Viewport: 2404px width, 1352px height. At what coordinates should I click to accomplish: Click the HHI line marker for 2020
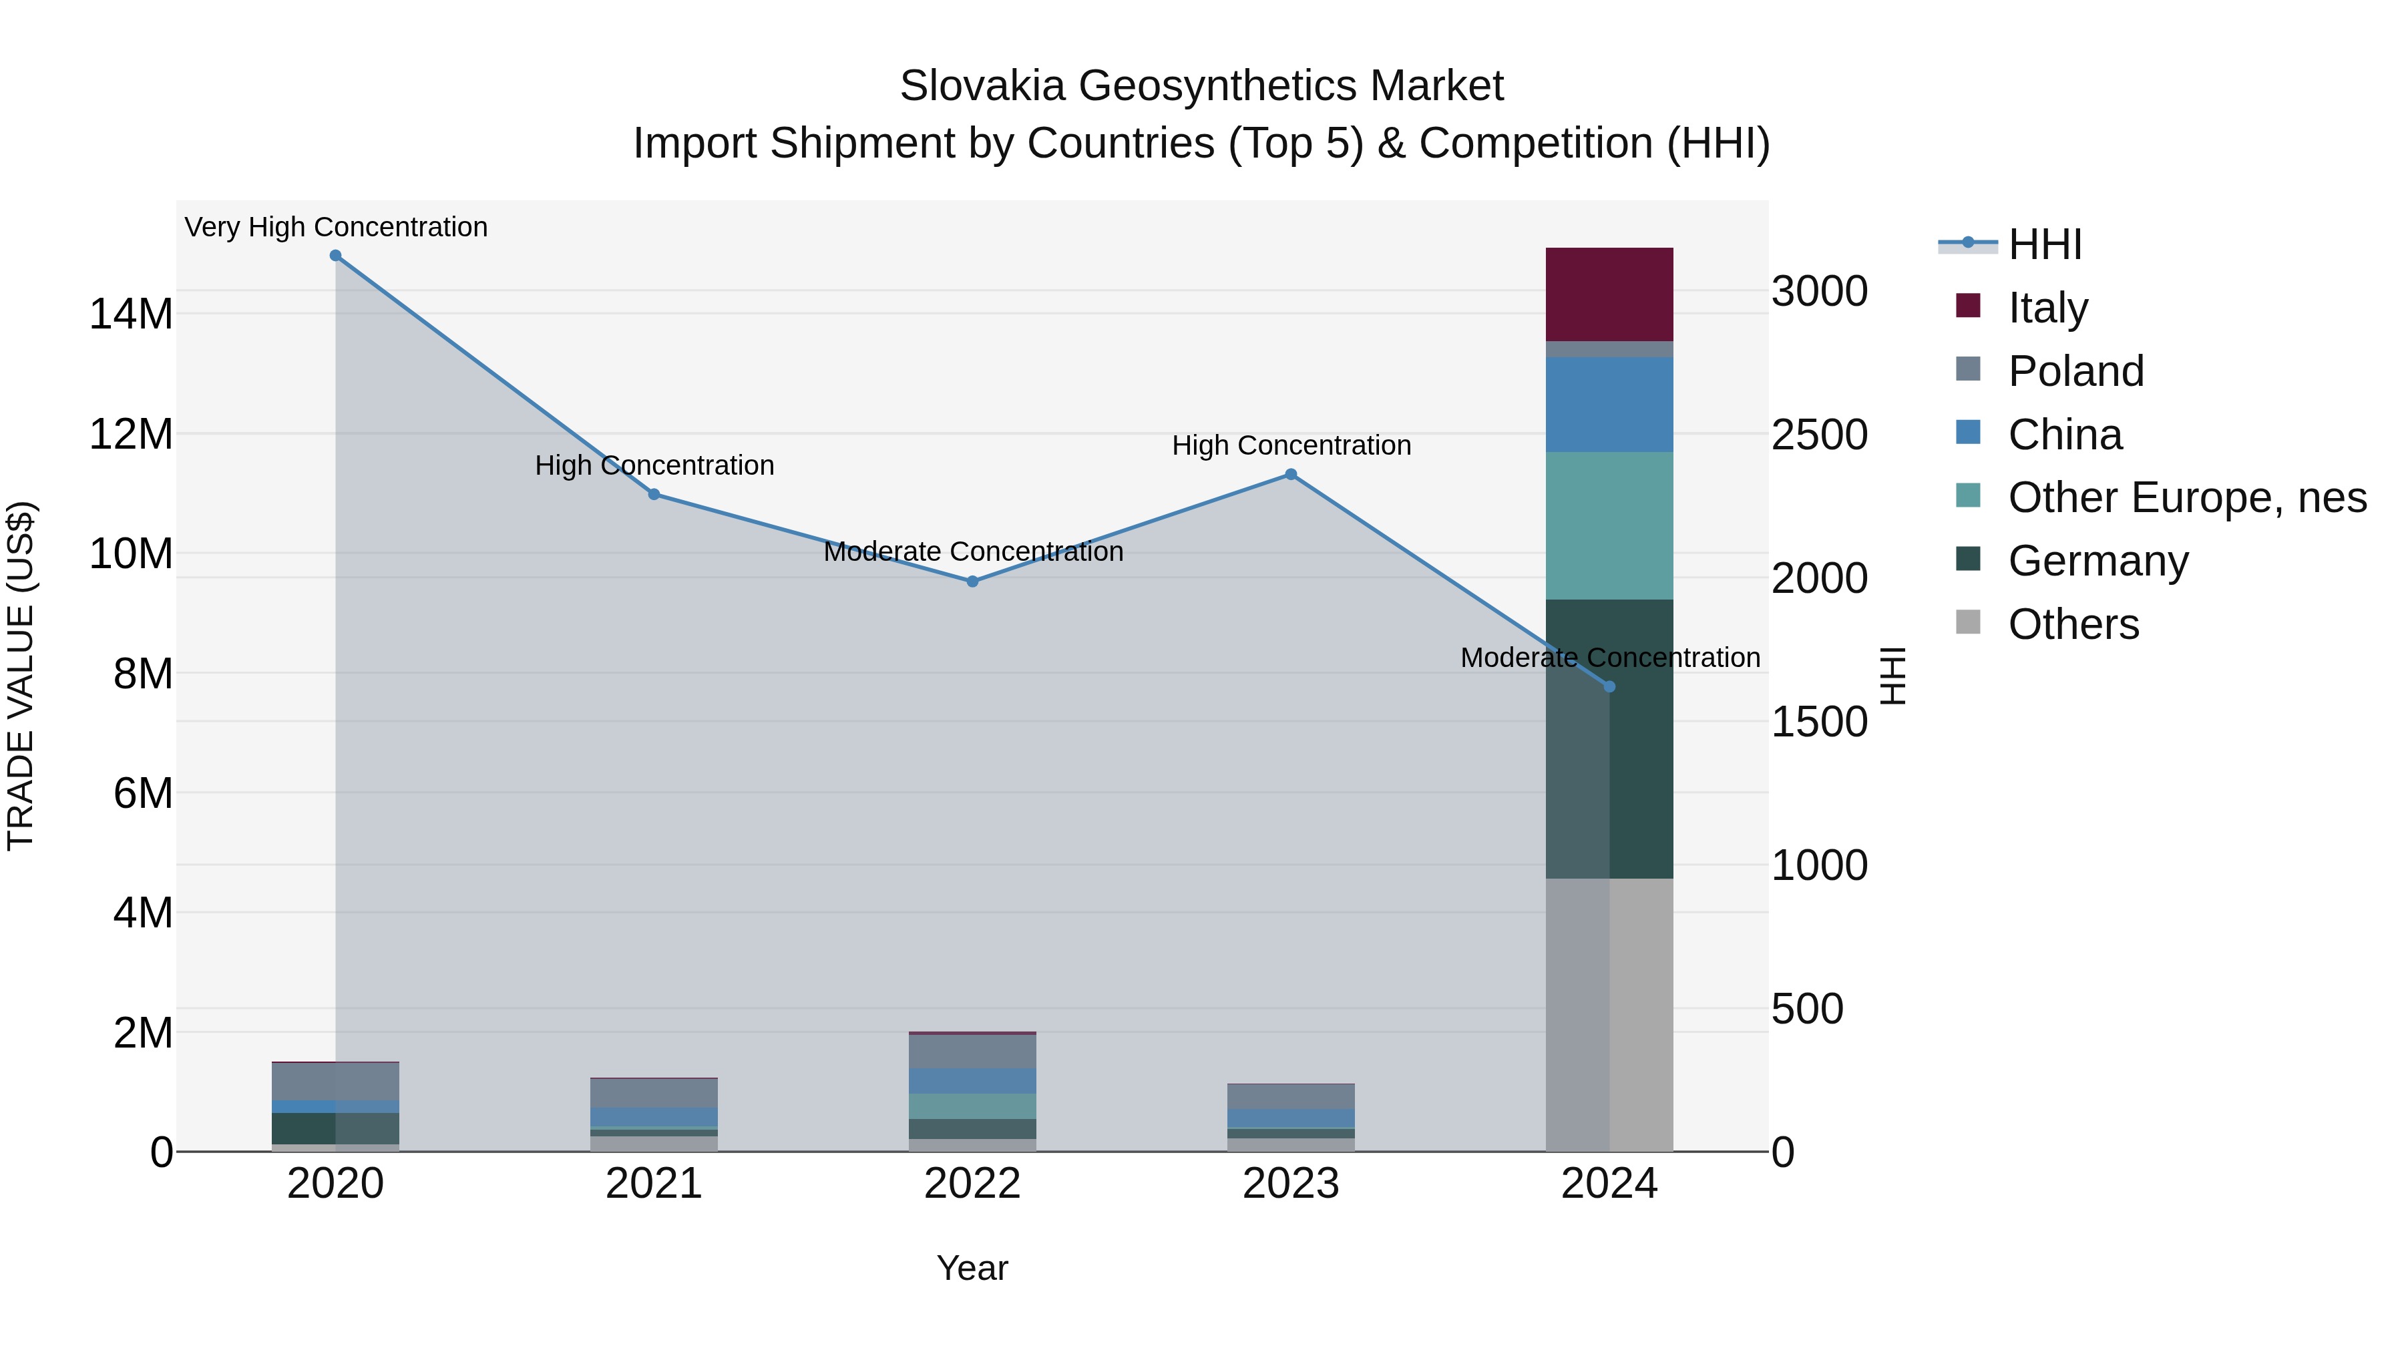(x=335, y=256)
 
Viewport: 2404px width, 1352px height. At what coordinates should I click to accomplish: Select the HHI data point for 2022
(x=972, y=582)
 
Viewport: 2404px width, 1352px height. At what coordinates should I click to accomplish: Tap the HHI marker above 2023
(x=1291, y=474)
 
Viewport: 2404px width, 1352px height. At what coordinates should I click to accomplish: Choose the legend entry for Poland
(x=2075, y=371)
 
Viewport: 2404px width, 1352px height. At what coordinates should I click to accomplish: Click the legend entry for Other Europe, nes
(x=2186, y=497)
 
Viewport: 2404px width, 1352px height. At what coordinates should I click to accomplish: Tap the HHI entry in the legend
(x=2044, y=244)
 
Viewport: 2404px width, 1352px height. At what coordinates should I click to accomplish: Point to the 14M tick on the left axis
(x=131, y=314)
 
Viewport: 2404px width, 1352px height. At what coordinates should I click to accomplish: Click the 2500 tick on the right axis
(x=1819, y=435)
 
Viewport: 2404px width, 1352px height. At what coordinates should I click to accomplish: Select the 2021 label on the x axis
(x=653, y=1184)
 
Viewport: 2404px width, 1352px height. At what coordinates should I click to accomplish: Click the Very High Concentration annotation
(x=336, y=228)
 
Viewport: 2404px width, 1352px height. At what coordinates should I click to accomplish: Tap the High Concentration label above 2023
(x=1291, y=446)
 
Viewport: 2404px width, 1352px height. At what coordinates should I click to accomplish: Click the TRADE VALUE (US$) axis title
(x=21, y=676)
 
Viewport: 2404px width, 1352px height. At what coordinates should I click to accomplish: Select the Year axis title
(x=972, y=1268)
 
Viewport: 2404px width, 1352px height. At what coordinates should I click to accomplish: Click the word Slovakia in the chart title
(x=982, y=86)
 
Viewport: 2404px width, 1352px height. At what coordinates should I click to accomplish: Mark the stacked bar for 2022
(x=972, y=1092)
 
